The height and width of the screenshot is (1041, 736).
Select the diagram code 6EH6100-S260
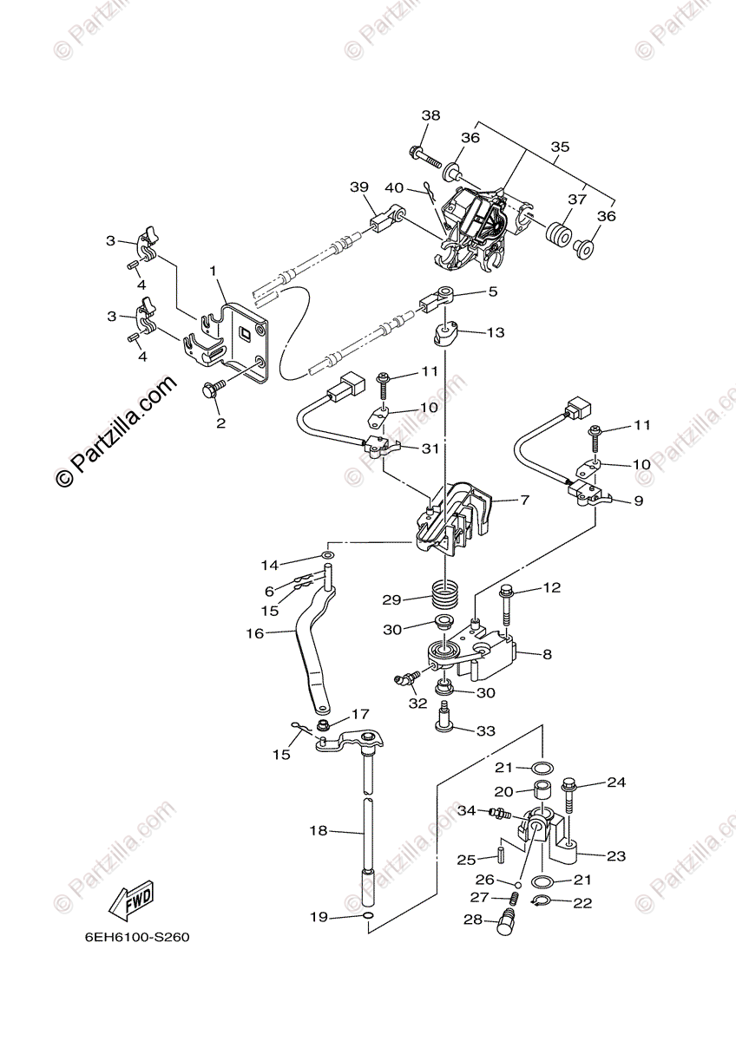pos(136,938)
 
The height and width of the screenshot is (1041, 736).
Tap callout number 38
pos(431,116)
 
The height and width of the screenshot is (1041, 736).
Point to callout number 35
pos(560,147)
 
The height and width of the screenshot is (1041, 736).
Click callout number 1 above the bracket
pos(213,272)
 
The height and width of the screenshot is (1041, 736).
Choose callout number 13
pos(495,332)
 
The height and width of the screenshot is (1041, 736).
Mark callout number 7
pos(524,501)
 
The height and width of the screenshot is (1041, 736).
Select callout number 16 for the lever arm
pos(254,633)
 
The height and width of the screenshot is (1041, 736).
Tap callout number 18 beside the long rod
pos(319,830)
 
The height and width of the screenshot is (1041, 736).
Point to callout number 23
pos(616,856)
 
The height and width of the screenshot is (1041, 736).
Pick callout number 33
pos(485,731)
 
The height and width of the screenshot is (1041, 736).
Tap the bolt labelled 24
pos(569,793)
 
